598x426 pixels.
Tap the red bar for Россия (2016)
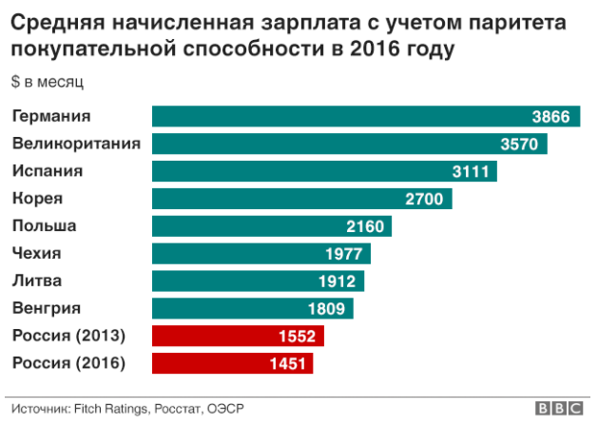232,363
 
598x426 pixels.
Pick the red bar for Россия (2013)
238,336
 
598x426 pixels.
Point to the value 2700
424,200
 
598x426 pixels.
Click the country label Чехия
36,253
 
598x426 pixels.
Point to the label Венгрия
46,308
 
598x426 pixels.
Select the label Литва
36,281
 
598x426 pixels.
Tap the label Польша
44,226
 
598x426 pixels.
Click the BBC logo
559,408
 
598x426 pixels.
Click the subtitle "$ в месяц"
48,82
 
